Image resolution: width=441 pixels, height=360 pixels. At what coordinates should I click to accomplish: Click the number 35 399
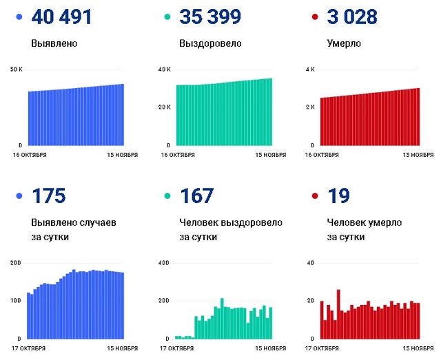pos(209,17)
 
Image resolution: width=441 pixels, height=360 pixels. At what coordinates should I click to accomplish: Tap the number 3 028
pos(352,17)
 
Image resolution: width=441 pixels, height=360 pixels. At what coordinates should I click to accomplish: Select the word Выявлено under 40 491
pos(54,44)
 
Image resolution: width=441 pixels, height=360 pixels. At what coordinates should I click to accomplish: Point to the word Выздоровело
pos(210,44)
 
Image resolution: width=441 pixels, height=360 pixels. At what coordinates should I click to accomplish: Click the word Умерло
pos(345,44)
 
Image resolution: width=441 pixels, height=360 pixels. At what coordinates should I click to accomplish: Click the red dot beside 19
pos(315,196)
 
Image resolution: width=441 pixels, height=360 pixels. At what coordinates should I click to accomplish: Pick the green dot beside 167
pos(168,196)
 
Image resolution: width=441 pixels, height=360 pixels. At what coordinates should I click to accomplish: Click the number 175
pos(48,196)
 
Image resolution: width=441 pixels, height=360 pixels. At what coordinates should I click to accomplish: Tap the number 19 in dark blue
pos(337,196)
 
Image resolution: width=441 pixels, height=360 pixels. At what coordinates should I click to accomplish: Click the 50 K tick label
pos(17,70)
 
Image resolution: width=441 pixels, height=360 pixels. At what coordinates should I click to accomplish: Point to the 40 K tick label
pos(164,70)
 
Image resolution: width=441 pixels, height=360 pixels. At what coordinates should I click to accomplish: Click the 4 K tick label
pos(310,70)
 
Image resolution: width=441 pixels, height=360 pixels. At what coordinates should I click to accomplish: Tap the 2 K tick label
pos(310,107)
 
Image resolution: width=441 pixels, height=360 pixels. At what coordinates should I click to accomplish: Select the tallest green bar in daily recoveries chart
pos(222,319)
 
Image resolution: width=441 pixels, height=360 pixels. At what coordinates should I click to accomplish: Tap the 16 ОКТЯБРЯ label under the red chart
pos(322,155)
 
